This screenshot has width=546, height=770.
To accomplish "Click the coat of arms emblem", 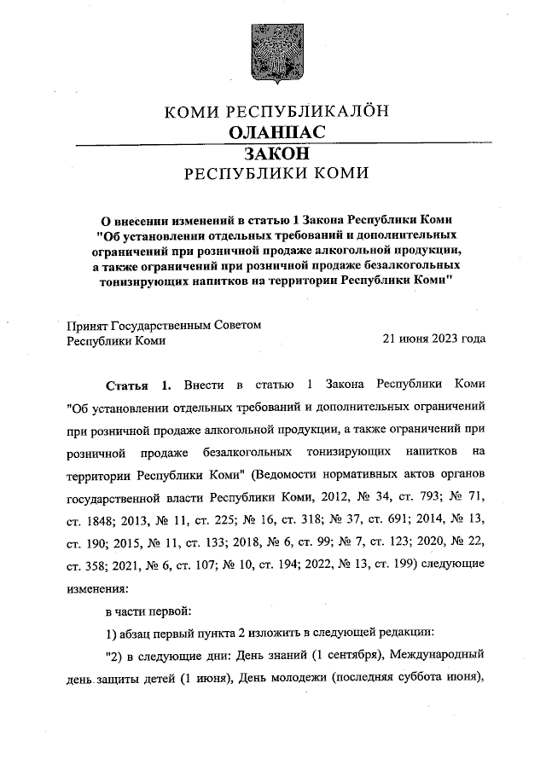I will click(274, 51).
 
